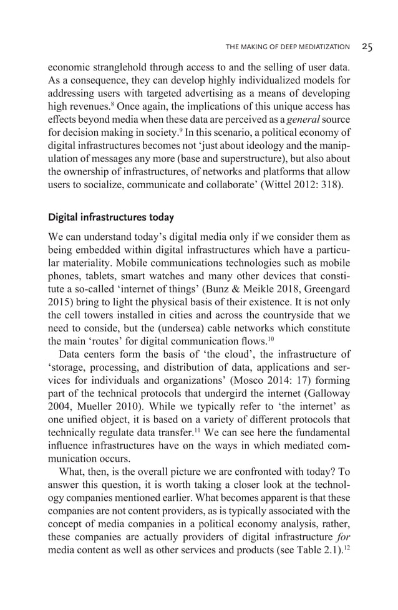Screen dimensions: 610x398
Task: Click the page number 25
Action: [x=367, y=47]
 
